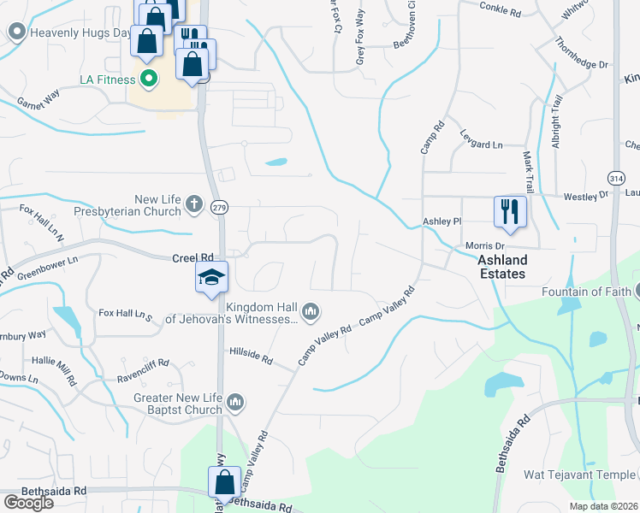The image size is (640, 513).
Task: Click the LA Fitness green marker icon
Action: [150, 80]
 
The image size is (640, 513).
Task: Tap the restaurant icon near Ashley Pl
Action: [510, 211]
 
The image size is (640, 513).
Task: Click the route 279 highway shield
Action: [220, 208]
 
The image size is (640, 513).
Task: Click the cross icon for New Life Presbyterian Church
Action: [194, 205]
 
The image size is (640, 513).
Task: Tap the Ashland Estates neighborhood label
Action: [501, 267]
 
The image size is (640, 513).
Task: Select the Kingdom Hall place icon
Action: [311, 312]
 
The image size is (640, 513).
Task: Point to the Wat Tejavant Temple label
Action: [580, 475]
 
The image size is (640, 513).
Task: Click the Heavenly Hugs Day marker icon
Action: [15, 32]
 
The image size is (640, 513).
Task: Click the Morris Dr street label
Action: [482, 246]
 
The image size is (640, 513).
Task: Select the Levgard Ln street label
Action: [482, 145]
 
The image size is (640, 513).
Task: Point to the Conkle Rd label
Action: [501, 13]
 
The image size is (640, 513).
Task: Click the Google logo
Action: [28, 503]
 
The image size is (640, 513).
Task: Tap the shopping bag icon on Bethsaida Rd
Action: [224, 482]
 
